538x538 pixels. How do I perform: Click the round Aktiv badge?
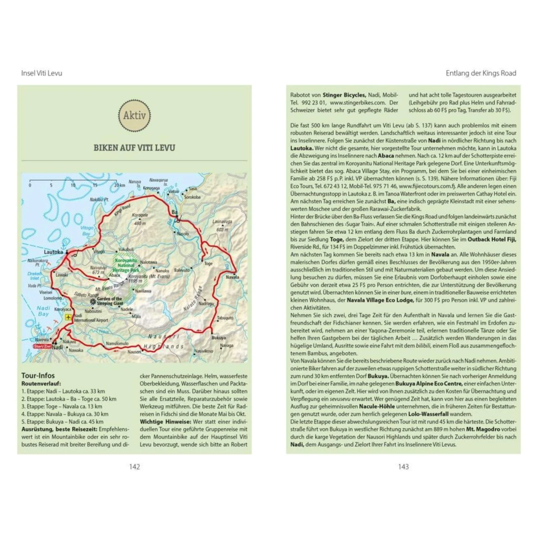click(x=134, y=115)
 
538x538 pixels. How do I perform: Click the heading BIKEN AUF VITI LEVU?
click(x=134, y=148)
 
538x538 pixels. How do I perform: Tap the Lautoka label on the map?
click(x=53, y=252)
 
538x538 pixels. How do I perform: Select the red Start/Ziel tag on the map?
click(x=42, y=346)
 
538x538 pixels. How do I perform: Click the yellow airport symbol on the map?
click(x=68, y=317)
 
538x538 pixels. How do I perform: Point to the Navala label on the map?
click(x=232, y=277)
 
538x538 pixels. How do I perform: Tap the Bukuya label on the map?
click(x=218, y=338)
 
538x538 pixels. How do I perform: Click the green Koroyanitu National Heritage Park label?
click(x=126, y=265)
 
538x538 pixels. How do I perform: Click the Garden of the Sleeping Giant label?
click(x=109, y=301)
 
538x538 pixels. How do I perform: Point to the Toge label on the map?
click(x=208, y=263)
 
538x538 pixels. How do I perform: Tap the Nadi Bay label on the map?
click(x=43, y=311)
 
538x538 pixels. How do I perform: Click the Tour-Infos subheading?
click(x=38, y=376)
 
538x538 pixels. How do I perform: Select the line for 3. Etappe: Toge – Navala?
click(x=62, y=406)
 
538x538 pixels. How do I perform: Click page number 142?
click(x=134, y=467)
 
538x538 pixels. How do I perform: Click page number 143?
click(x=403, y=467)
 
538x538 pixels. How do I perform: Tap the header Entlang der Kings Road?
click(x=481, y=73)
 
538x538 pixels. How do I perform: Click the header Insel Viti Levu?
click(x=42, y=73)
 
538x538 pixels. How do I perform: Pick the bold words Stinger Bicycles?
click(x=344, y=95)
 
